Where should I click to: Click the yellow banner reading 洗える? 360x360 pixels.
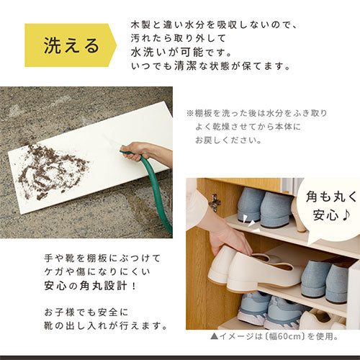(70, 45)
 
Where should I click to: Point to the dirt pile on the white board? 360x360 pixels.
(53, 171)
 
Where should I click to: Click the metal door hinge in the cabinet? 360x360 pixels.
(215, 203)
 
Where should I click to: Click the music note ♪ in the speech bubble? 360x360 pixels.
(346, 215)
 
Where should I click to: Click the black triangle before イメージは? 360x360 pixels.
(214, 336)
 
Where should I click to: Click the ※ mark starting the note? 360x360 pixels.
(190, 113)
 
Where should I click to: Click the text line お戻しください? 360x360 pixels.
(228, 140)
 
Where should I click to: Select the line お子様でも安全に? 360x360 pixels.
(86, 312)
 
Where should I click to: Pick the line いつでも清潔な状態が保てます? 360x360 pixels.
(210, 66)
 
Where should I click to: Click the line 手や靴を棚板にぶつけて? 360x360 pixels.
(102, 258)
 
